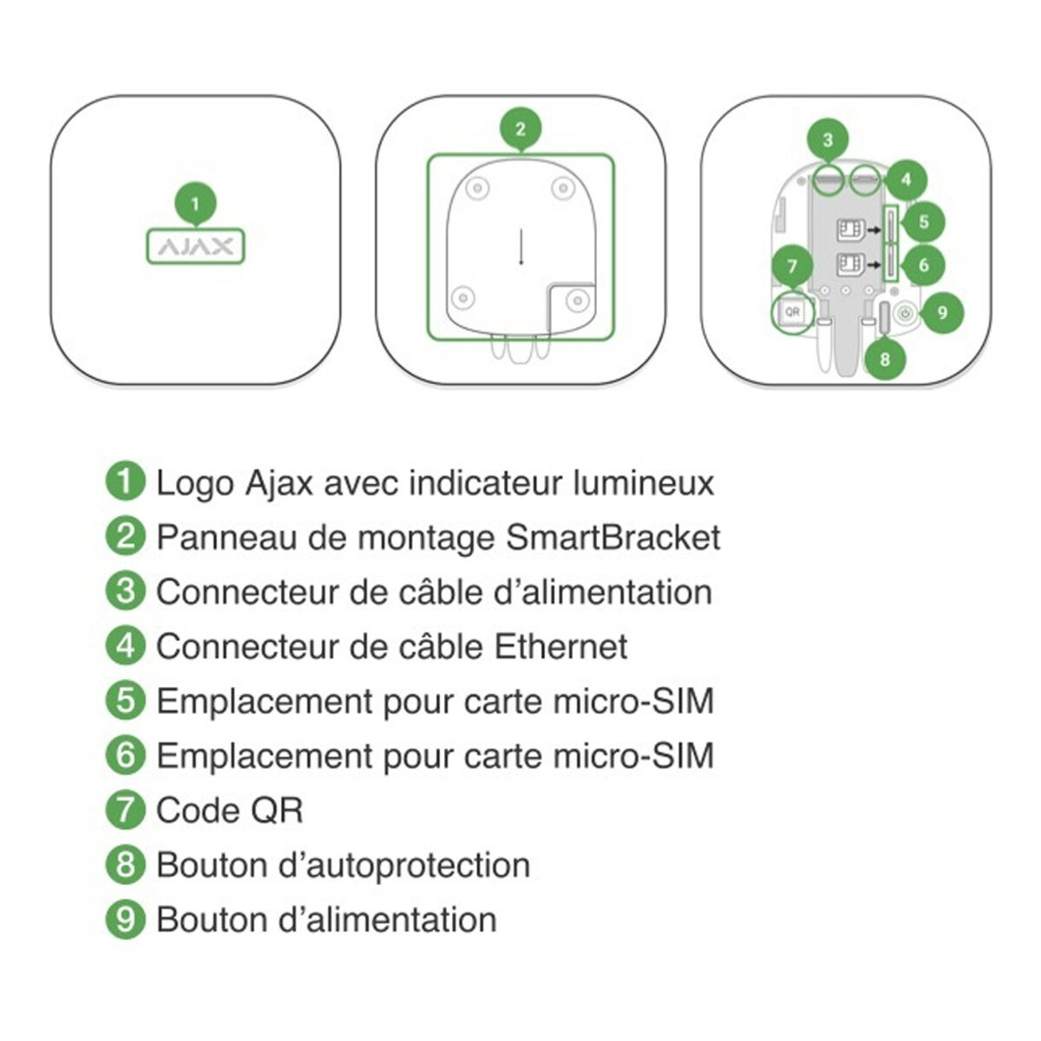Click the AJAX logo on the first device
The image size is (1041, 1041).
195,247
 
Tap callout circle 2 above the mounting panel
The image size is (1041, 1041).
520,130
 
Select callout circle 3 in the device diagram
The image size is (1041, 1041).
828,140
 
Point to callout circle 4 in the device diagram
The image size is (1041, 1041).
906,180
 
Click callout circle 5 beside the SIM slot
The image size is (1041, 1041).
923,222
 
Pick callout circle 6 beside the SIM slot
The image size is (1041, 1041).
923,264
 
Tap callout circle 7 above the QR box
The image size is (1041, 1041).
792,266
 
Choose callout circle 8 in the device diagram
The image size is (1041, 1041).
884,357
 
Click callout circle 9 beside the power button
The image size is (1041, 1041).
943,312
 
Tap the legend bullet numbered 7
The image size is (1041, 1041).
126,809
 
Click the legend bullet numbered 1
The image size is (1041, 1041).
126,482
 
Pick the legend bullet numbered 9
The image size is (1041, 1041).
126,919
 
